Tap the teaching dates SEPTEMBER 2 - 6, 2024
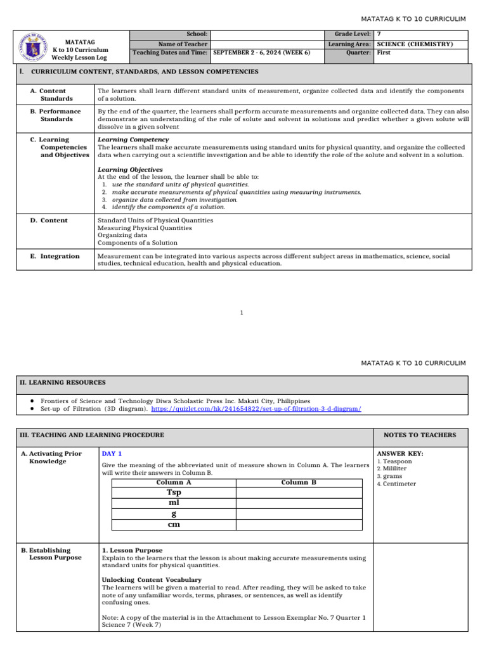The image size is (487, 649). tap(262, 53)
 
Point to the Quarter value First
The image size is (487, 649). tap(384, 53)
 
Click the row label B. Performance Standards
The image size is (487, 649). tap(56, 115)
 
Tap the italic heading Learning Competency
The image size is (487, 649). tap(133, 139)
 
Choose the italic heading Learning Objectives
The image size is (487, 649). tap(130, 170)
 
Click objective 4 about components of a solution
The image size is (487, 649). tap(168, 207)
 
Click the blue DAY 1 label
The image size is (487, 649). tap(112, 454)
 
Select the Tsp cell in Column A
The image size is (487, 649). tap(174, 492)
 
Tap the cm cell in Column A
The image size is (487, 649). tap(174, 524)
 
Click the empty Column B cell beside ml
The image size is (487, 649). tap(299, 503)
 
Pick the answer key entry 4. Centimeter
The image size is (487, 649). tap(396, 484)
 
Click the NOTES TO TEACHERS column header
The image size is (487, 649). tap(420, 435)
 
